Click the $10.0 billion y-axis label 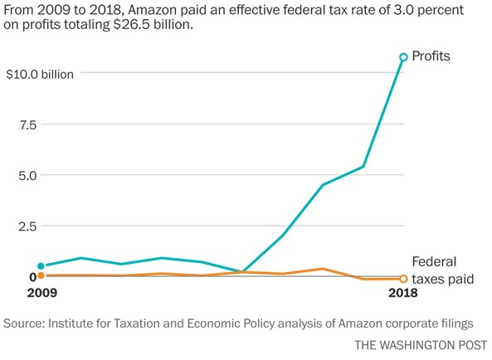pyautogui.click(x=40, y=74)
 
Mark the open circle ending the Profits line pyautogui.click(x=403, y=57)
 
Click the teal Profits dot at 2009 pyautogui.click(x=41, y=266)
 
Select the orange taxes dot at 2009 pyautogui.click(x=41, y=275)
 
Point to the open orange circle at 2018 pyautogui.click(x=403, y=279)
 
